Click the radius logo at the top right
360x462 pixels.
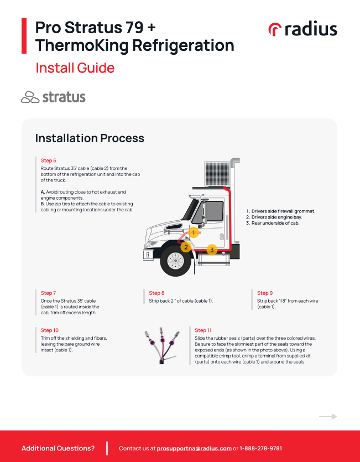[x=302, y=29]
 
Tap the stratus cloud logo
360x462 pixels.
[x=53, y=97]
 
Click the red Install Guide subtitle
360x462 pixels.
[x=75, y=68]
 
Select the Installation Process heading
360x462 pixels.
[x=90, y=138]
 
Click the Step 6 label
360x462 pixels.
[x=49, y=160]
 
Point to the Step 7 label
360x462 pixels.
[x=48, y=293]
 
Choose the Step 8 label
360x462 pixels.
[x=156, y=293]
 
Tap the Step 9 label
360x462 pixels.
[x=265, y=293]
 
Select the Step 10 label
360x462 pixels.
[x=50, y=330]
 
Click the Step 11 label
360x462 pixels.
[x=204, y=330]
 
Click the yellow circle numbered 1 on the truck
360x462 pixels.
[x=194, y=233]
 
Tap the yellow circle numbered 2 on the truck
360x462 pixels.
[x=186, y=247]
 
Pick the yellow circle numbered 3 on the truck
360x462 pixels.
[x=211, y=250]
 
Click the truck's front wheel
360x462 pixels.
[x=175, y=261]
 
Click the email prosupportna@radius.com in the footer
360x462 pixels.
[x=194, y=448]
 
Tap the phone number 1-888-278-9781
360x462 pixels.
[x=261, y=448]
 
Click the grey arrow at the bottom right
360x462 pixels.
[x=328, y=417]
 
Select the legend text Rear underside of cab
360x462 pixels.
[x=275, y=223]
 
